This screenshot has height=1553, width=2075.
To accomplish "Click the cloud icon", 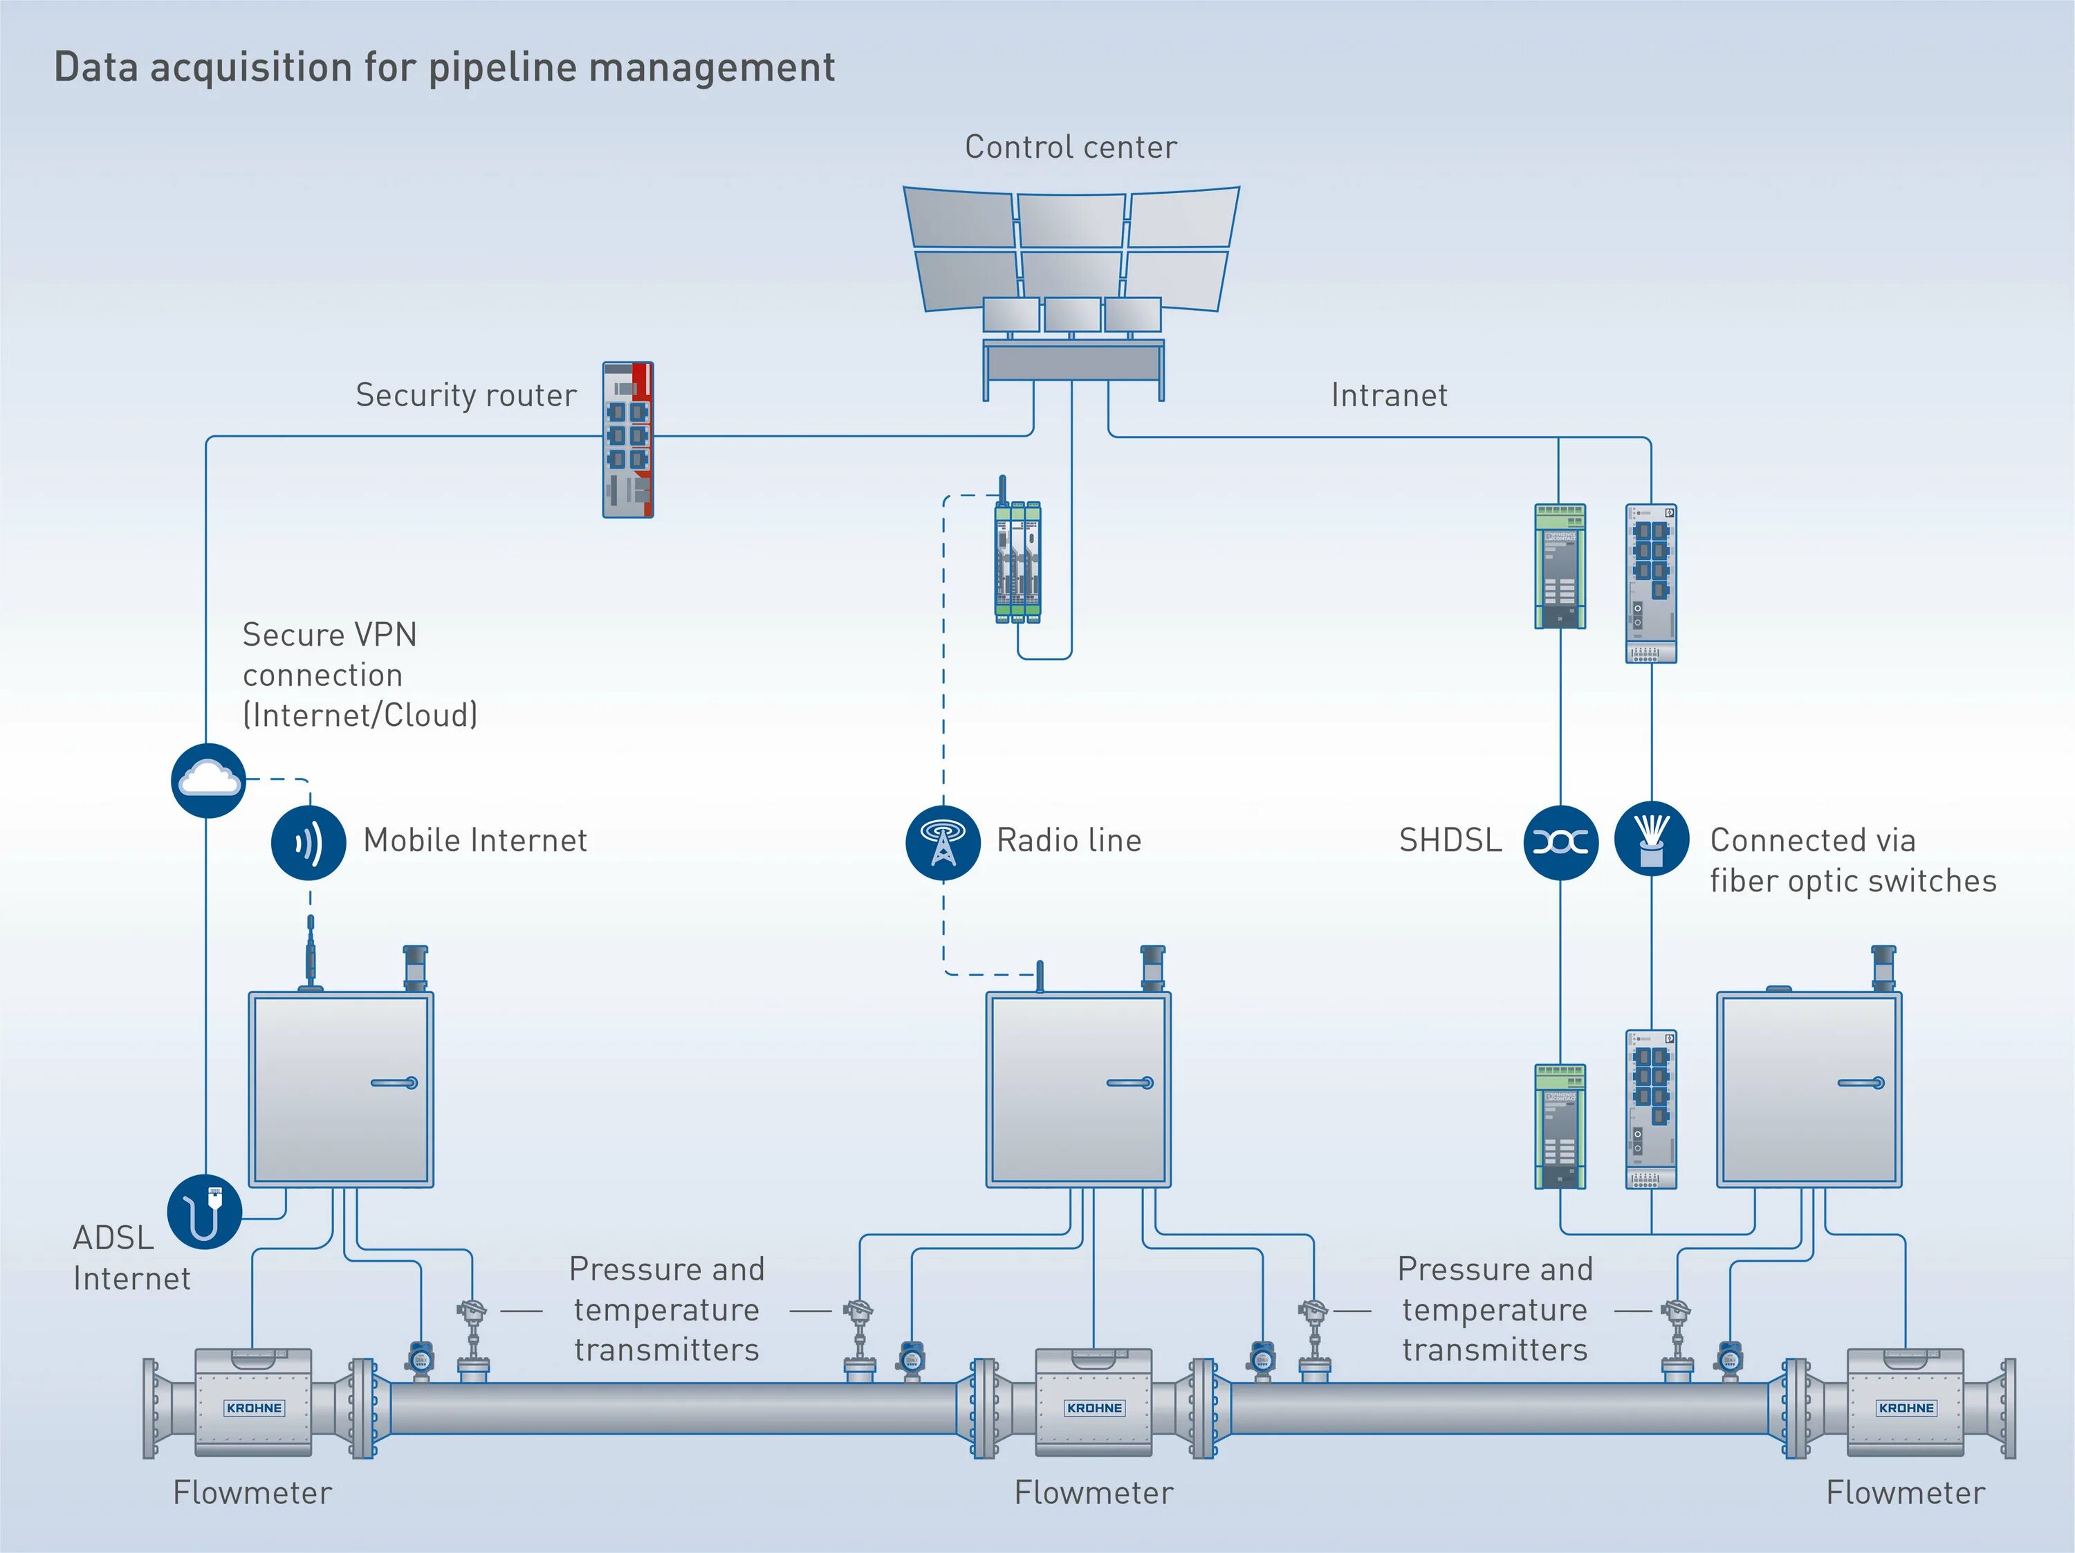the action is pyautogui.click(x=208, y=780).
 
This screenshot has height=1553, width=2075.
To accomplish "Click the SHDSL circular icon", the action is pyautogui.click(x=1560, y=842).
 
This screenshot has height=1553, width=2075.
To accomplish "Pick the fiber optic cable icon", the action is pyautogui.click(x=1652, y=839).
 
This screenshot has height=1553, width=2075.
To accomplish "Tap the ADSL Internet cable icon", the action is pyautogui.click(x=205, y=1211).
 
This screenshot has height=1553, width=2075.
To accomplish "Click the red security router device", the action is pyautogui.click(x=627, y=440).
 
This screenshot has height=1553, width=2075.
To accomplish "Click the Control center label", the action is pyautogui.click(x=1070, y=147).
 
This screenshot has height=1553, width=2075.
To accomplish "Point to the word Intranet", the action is pyautogui.click(x=1390, y=395).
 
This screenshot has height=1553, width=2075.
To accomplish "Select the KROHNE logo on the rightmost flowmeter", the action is pyautogui.click(x=1906, y=1408).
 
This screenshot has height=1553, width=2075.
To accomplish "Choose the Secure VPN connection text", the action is pyautogui.click(x=360, y=675).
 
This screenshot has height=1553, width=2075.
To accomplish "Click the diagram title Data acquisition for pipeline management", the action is pyautogui.click(x=444, y=68).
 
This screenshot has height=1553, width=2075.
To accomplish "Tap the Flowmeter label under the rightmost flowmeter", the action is pyautogui.click(x=1906, y=1493).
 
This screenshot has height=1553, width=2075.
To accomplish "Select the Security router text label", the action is pyautogui.click(x=466, y=395).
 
